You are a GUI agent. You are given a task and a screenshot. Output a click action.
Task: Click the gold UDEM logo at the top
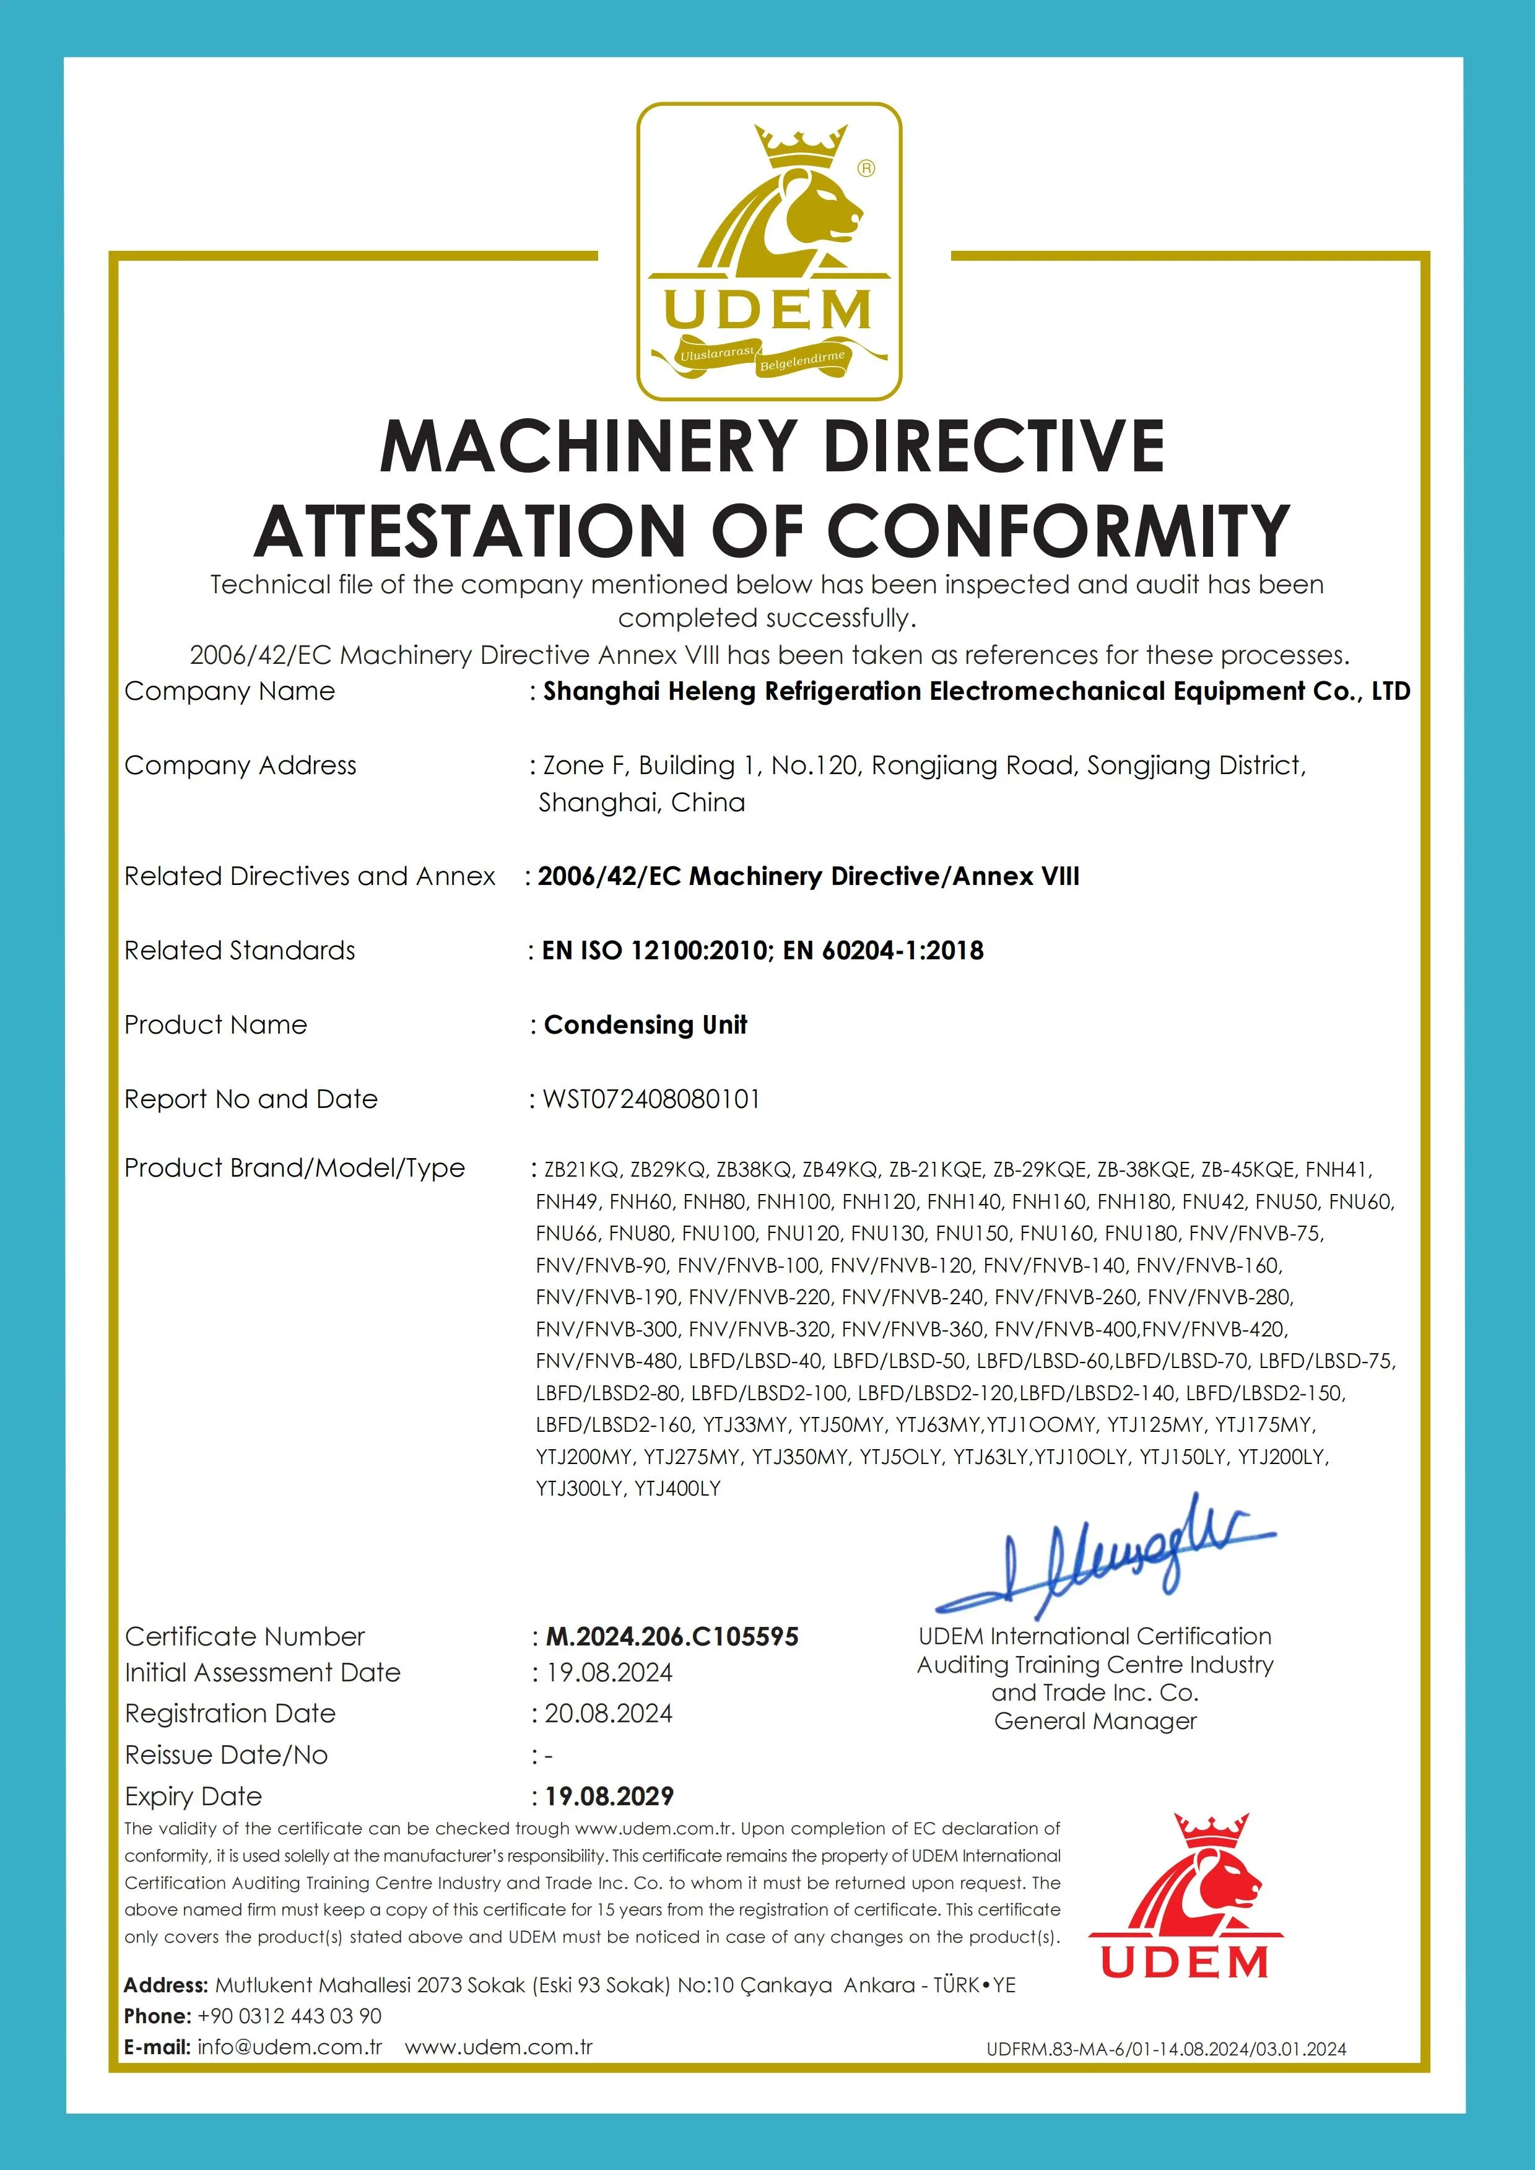coord(768,251)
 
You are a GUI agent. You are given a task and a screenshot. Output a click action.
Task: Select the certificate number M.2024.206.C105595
coord(672,1637)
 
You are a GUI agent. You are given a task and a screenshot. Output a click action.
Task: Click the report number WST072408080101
coord(651,1099)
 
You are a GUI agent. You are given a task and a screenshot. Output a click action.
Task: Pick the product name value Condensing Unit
coord(646,1024)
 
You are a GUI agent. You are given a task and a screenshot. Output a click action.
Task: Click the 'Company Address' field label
coord(240,765)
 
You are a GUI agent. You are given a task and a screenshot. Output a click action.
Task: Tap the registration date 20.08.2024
coord(608,1714)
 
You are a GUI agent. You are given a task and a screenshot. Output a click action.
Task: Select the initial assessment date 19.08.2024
coord(609,1673)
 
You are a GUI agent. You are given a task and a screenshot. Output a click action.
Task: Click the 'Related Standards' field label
coord(240,950)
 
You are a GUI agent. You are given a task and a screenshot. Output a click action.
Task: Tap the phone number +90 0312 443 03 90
coord(289,2016)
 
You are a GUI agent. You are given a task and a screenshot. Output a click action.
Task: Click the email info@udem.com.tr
coord(289,2047)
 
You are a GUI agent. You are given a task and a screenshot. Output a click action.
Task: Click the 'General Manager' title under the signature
coord(1095,1721)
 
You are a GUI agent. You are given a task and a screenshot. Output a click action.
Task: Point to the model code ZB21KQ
coord(580,1169)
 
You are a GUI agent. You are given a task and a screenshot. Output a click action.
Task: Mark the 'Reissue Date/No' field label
coord(226,1755)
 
